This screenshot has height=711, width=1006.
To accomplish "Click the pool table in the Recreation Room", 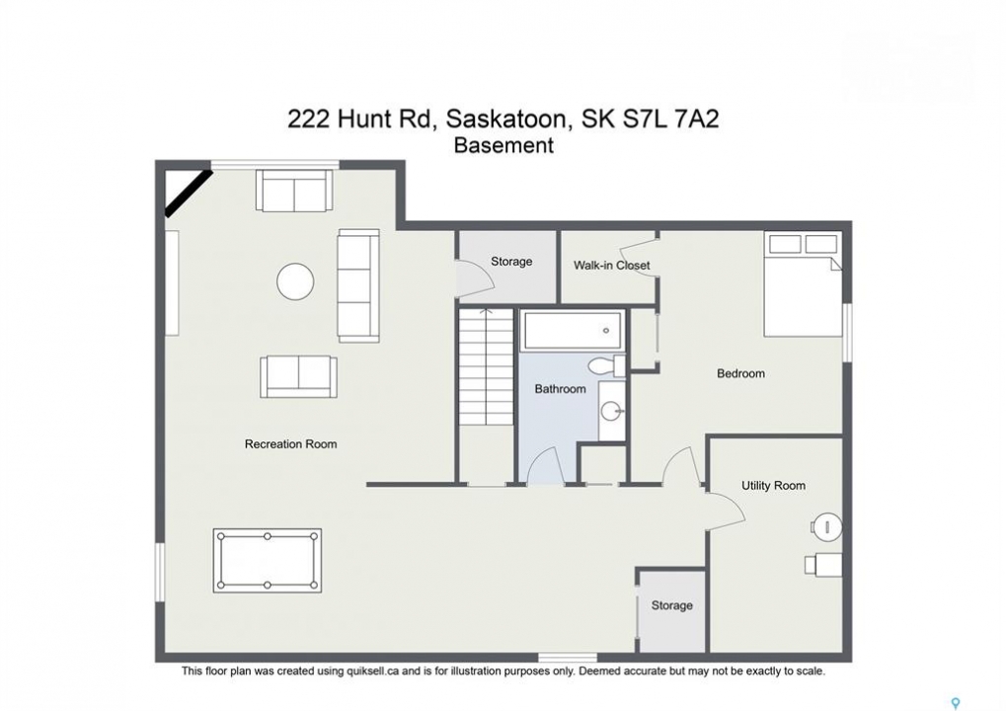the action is [x=267, y=560].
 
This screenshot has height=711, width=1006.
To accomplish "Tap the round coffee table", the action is [x=295, y=281].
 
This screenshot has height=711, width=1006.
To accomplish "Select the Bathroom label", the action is [x=560, y=389].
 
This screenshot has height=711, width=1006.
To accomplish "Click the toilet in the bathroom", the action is [x=605, y=365].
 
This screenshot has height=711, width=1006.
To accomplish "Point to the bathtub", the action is [x=571, y=331].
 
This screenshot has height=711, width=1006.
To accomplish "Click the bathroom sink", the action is [x=612, y=410].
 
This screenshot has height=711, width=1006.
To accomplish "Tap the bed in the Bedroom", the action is [x=803, y=283].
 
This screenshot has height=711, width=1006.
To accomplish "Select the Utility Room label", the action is [x=773, y=486].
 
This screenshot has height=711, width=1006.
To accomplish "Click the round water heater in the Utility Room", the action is [x=826, y=527].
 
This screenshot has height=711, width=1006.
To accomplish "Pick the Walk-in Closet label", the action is [x=611, y=265].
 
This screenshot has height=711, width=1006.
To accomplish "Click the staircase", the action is [x=487, y=367].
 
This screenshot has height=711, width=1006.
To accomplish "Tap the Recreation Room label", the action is [x=290, y=444].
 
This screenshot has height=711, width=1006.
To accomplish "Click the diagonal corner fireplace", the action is [x=189, y=193].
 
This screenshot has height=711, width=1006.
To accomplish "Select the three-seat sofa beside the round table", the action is [x=358, y=285].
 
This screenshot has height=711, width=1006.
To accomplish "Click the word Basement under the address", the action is [x=503, y=146].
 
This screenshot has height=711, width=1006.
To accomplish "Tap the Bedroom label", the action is [x=740, y=373].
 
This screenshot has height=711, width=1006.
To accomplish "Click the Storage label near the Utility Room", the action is [x=671, y=605].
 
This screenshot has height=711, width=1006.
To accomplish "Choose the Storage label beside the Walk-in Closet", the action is [x=511, y=261].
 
